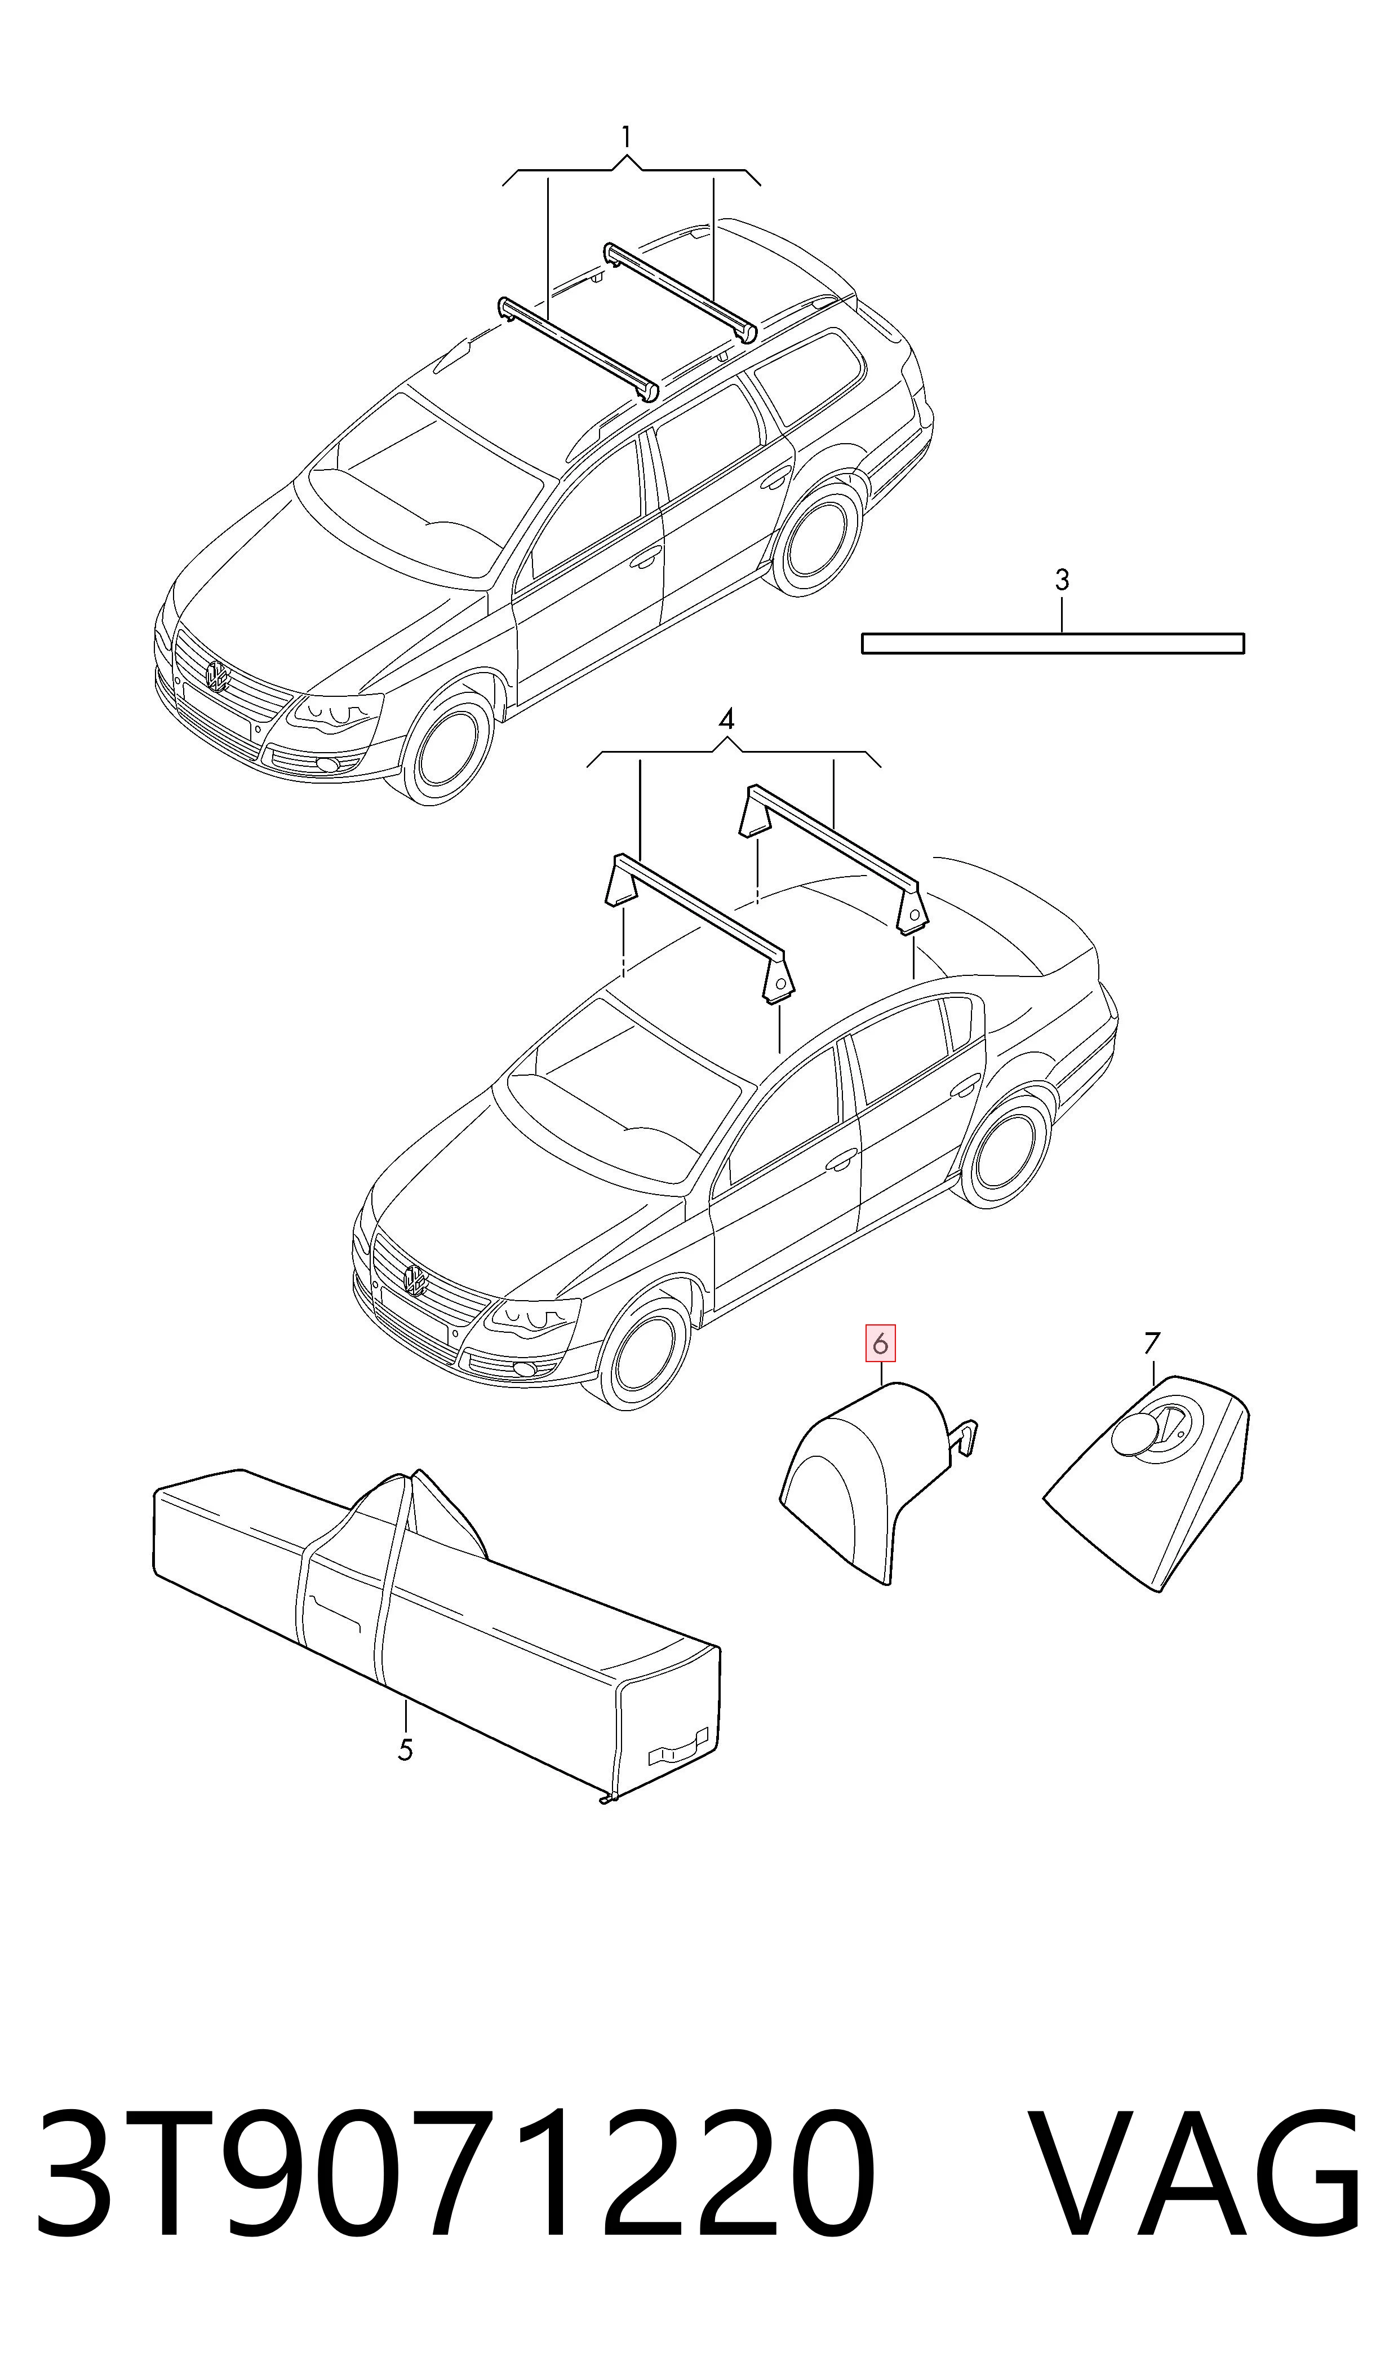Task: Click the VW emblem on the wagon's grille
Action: click(x=218, y=675)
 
